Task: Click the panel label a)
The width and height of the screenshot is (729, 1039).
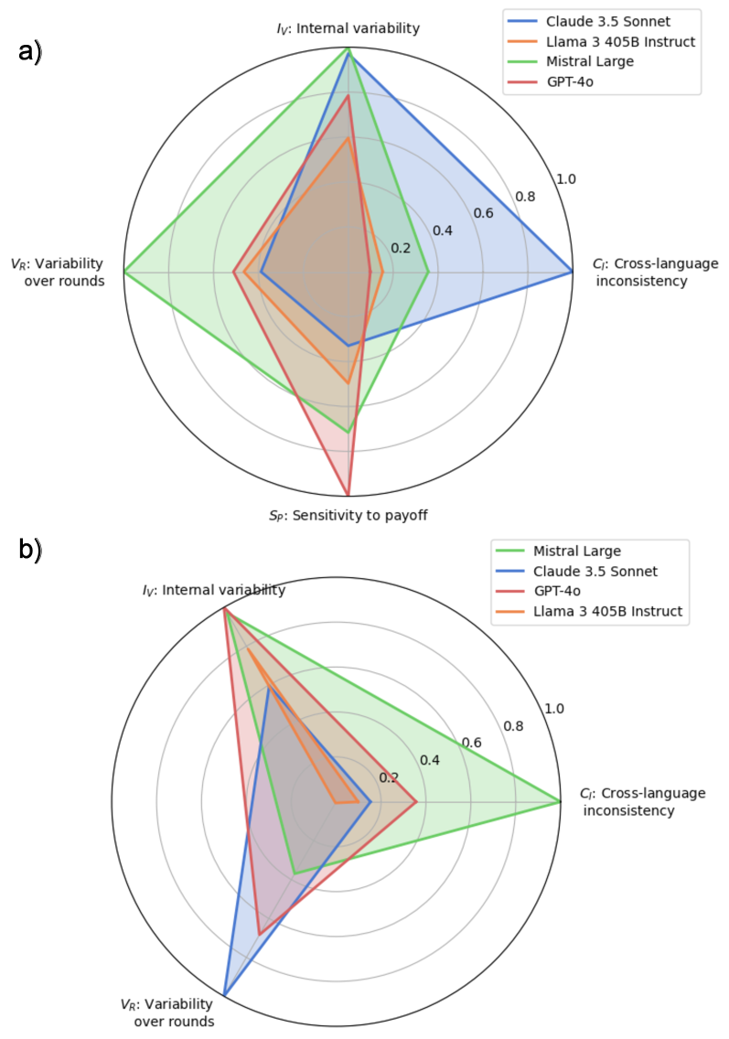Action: (30, 52)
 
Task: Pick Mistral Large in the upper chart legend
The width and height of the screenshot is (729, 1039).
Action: (590, 61)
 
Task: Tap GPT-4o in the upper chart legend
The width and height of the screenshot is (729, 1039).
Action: (572, 82)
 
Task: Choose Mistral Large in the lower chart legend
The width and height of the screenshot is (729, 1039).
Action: (577, 552)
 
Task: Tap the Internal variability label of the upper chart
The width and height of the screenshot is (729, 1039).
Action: (348, 28)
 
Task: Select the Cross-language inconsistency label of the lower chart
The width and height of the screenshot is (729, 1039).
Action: (642, 802)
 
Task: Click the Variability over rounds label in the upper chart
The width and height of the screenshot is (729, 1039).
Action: (57, 273)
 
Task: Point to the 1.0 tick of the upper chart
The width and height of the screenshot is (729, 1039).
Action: (566, 178)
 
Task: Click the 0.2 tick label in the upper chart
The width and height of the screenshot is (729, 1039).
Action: (401, 249)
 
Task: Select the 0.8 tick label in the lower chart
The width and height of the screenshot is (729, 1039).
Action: (513, 727)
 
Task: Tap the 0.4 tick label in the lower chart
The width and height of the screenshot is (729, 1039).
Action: (429, 761)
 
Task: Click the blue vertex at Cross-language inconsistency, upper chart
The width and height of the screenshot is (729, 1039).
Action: (572, 272)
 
